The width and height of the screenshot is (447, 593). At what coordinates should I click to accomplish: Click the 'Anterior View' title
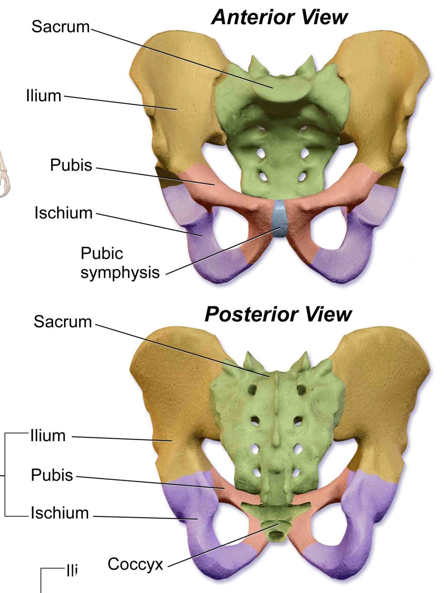[x=279, y=17]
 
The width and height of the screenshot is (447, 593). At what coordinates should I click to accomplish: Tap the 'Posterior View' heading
[x=278, y=314]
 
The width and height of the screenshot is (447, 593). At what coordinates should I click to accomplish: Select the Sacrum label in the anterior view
[x=61, y=26]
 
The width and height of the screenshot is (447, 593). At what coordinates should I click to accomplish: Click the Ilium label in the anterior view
[x=44, y=96]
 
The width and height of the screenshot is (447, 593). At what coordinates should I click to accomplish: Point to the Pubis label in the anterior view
[x=71, y=165]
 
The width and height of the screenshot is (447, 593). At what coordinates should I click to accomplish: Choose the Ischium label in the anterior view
[x=64, y=212]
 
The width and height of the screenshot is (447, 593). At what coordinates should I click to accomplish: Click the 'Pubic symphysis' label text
[x=120, y=263]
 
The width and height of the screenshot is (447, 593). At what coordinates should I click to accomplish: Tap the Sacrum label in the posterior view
[x=63, y=322]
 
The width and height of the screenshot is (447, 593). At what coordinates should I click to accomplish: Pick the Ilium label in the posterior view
[x=48, y=436]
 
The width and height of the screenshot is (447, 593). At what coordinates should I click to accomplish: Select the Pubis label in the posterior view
[x=52, y=475]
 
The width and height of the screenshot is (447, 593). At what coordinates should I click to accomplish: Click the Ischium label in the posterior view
[x=60, y=513]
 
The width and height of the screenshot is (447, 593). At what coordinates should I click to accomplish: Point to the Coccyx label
[x=135, y=564]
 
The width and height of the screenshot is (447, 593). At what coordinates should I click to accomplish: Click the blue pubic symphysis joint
[x=279, y=218]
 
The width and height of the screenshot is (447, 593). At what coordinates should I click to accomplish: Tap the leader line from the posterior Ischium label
[x=145, y=517]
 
